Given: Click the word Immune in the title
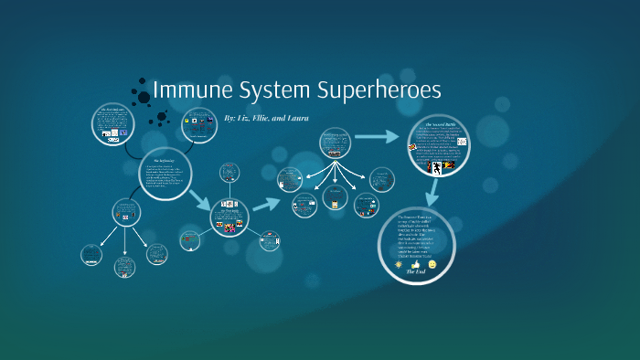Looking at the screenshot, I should pos(187,90).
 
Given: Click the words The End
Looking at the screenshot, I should pos(416,272).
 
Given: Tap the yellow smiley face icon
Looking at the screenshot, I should pos(432,264).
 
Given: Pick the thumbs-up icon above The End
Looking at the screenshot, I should pos(415,263).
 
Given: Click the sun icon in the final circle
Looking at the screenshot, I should pos(398,264).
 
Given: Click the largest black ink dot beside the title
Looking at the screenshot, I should pos(144,96).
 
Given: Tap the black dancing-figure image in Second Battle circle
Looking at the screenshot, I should pos(437,167).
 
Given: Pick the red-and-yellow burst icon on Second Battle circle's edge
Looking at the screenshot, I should pos(413,147).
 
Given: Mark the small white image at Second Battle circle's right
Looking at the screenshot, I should pos(462,143).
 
